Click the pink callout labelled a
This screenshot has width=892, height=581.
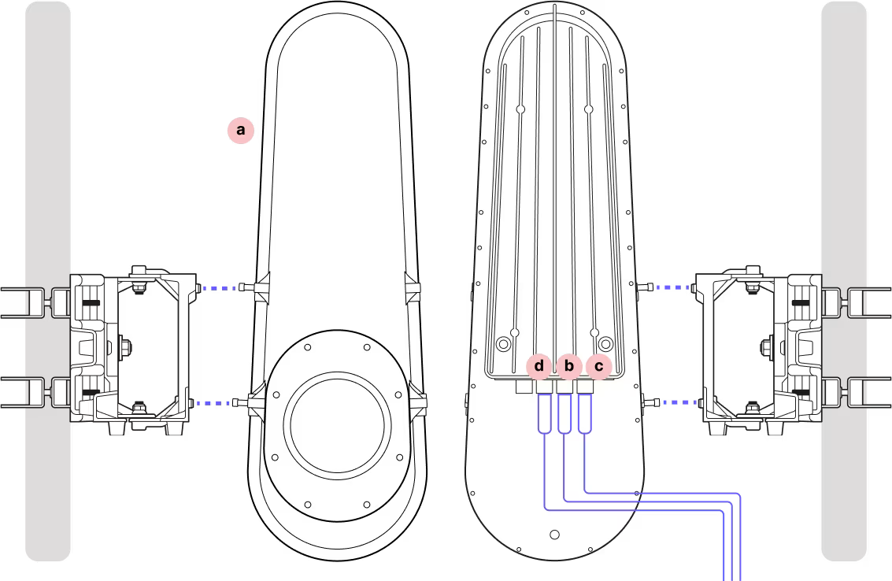[x=240, y=130]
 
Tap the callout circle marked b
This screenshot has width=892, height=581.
[x=568, y=366]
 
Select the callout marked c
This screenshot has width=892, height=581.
[x=598, y=366]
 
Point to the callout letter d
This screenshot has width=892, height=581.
[x=539, y=366]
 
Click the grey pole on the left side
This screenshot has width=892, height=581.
[x=48, y=157]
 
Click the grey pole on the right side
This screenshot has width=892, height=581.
[x=844, y=157]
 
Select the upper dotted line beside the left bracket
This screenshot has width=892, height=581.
[x=219, y=288]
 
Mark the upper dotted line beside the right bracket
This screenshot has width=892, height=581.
[x=673, y=287]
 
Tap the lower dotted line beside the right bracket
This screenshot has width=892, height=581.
[x=680, y=402]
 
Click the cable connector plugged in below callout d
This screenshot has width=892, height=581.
[x=544, y=413]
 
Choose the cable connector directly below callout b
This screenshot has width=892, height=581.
[x=564, y=413]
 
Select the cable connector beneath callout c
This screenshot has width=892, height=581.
[x=585, y=413]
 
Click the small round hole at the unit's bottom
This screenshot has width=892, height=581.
[x=554, y=535]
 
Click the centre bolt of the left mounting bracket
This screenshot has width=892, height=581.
[x=126, y=346]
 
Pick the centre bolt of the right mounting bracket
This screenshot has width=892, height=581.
[x=766, y=346]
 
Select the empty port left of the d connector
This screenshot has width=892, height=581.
[x=524, y=387]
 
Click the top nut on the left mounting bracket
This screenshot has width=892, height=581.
[x=139, y=273]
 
